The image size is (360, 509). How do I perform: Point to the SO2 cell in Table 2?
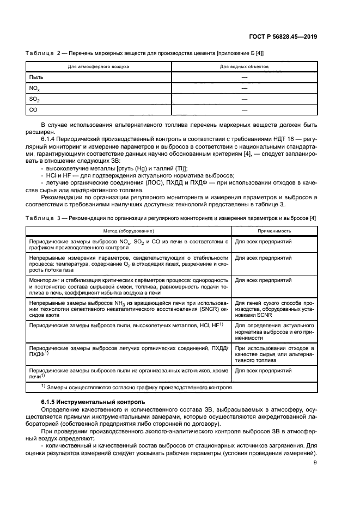34,99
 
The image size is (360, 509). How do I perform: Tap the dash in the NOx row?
244,88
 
